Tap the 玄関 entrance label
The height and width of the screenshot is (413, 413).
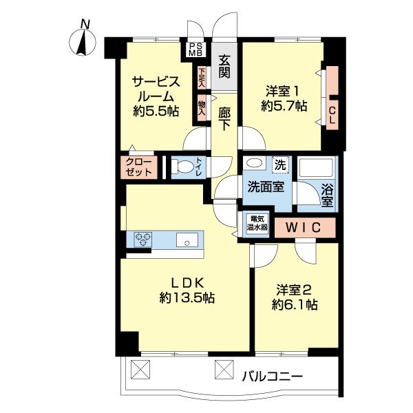tap(224, 66)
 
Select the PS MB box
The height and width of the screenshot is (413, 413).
tap(195, 49)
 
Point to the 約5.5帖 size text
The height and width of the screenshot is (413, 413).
tap(157, 110)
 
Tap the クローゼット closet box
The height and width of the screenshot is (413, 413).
tap(140, 167)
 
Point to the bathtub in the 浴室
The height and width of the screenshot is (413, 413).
tap(317, 169)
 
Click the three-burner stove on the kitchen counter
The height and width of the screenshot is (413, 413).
tap(145, 240)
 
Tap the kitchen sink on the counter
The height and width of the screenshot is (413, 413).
tap(187, 240)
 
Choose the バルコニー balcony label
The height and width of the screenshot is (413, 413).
tap(272, 377)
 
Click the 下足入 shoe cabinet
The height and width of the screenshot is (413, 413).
tap(202, 77)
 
